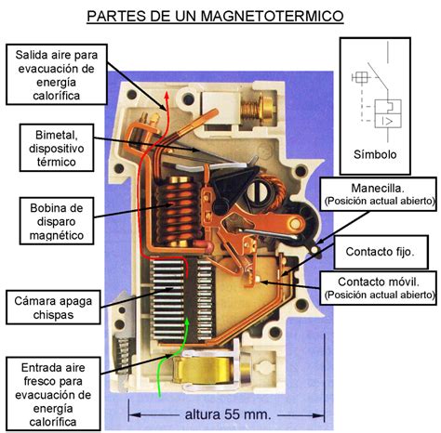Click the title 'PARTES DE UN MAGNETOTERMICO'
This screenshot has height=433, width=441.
point(220,16)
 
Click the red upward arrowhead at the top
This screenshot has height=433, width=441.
point(167,96)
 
